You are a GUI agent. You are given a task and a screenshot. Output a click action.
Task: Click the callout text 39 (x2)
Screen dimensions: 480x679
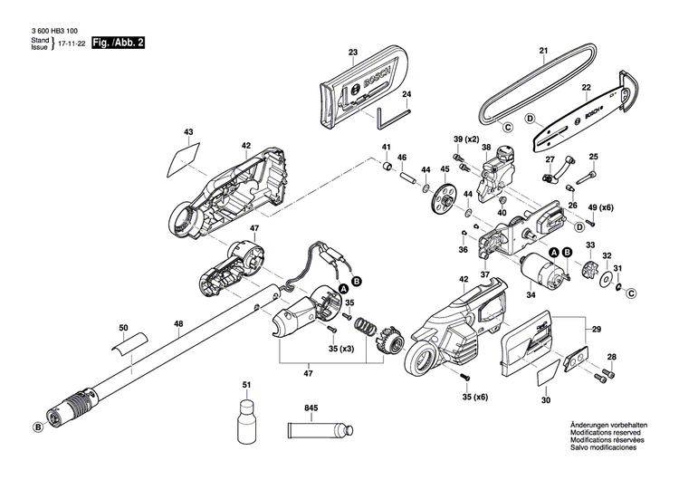(x=466, y=138)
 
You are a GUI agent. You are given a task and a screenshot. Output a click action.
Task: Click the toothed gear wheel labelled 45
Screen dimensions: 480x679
(x=445, y=199)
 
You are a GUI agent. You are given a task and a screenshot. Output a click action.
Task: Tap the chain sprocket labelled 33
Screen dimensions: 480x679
(x=589, y=269)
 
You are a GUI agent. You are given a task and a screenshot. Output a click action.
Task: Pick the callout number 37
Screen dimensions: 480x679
(x=485, y=274)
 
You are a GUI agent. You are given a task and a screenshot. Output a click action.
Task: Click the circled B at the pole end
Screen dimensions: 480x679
(x=39, y=427)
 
